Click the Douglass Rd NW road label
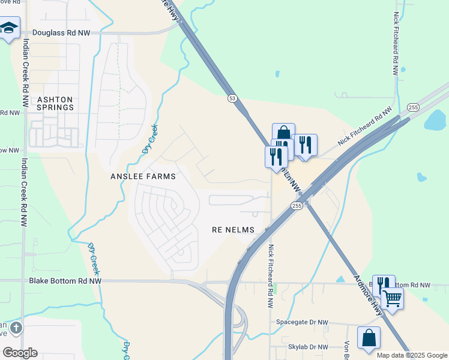(61, 34)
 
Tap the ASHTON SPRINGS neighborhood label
(55, 103)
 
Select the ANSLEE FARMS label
(143, 176)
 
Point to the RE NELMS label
(234, 230)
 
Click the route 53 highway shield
(231, 98)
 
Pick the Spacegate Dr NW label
(303, 322)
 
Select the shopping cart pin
(393, 298)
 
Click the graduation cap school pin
(9, 28)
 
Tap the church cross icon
(16, 328)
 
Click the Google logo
(20, 353)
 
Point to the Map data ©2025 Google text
(411, 355)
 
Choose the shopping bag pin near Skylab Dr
(369, 337)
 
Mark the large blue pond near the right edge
(435, 121)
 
